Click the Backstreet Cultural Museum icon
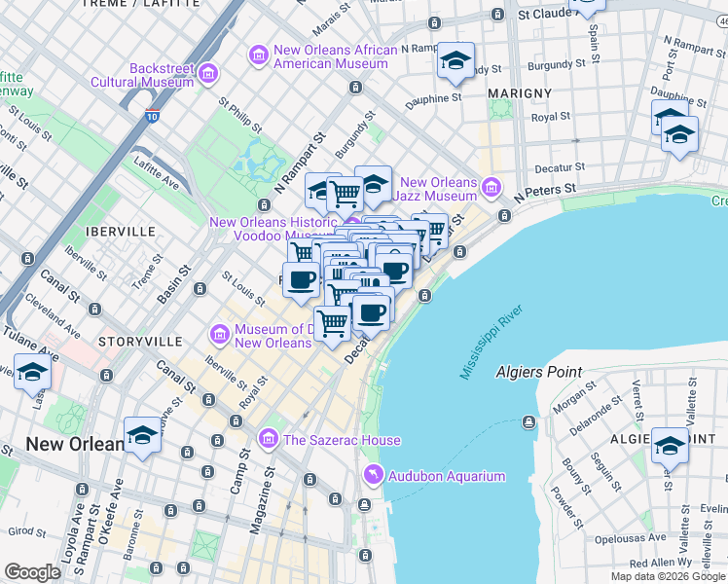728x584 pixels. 207,74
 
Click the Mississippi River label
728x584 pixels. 491,343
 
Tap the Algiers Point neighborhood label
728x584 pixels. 538,372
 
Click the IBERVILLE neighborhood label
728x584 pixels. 121,232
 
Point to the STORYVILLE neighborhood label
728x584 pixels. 140,342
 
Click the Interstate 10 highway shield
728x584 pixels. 154,116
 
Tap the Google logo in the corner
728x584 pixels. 32,572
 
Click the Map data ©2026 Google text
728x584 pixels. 668,576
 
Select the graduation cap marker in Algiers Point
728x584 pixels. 670,446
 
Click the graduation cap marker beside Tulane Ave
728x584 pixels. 33,373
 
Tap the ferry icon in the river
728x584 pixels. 528,421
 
